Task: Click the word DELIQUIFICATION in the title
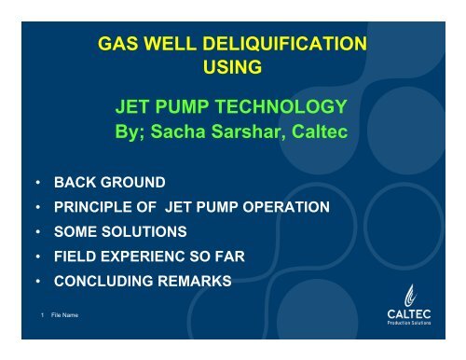pos(284,44)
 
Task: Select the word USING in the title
pos(232,67)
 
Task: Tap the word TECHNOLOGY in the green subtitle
pos(281,106)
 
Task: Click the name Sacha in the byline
pos(178,132)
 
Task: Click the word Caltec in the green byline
pos(320,132)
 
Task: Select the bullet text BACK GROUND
pos(110,182)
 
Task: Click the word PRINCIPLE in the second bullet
pos(93,207)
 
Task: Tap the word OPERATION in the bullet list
pos(286,207)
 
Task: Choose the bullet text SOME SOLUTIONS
pos(120,231)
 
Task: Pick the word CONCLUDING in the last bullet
pos(103,281)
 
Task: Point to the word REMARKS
pos(195,281)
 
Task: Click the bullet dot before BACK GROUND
pos(38,182)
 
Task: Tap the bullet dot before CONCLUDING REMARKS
pos(38,281)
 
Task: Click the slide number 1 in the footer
pos(42,315)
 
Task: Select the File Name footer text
pos(64,315)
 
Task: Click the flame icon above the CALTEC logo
pos(410,296)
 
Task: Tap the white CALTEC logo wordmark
pos(409,314)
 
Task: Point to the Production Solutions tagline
pos(409,323)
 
